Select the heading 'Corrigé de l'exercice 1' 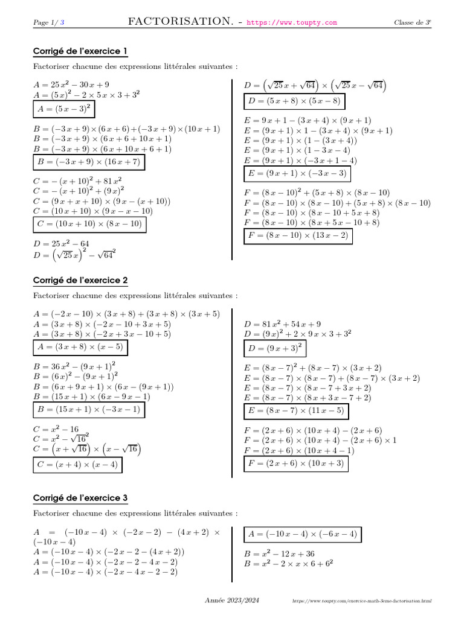coord(80,51)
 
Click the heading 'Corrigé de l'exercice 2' coord(80,281)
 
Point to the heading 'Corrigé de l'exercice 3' coord(80,498)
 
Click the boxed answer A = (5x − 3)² coord(64,109)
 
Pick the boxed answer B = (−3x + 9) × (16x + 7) coord(89,162)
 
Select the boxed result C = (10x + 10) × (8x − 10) coord(89,225)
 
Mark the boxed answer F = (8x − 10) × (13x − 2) coord(298,236)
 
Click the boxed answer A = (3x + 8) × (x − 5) coord(80,348)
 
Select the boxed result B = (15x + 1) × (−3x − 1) coord(88,410)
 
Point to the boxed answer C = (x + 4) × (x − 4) coord(76,465)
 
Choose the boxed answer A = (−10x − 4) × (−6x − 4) coord(303,534)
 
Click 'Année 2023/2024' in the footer coord(232,601)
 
